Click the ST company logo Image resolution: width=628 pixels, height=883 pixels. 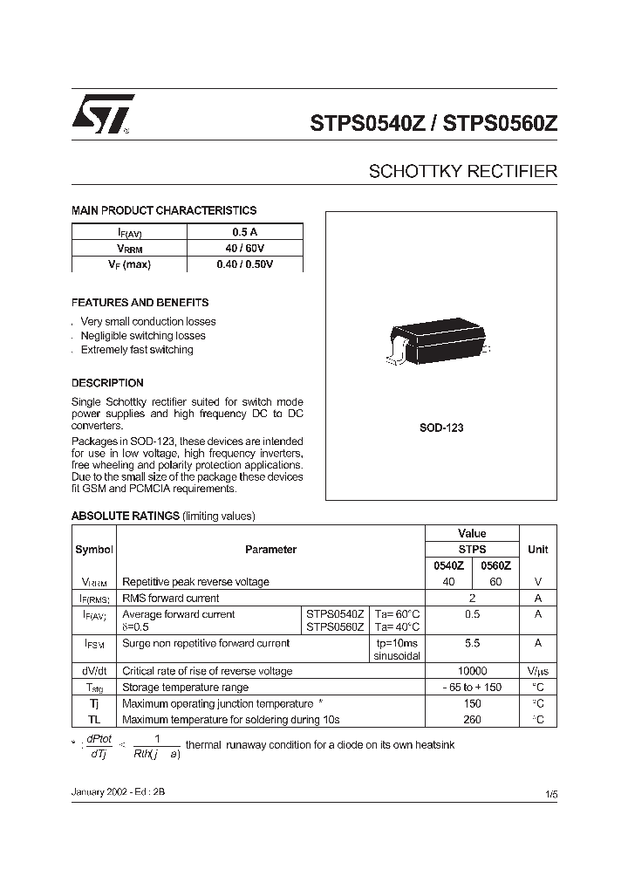[102, 113]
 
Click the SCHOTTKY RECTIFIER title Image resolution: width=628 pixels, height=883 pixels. [462, 171]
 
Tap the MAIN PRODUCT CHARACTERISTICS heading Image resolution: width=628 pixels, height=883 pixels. [163, 210]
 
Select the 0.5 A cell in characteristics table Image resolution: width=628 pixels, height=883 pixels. [244, 232]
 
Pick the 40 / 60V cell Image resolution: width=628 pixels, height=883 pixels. [244, 249]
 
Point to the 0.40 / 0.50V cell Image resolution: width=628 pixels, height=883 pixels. [244, 264]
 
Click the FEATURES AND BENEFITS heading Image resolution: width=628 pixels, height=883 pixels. [140, 303]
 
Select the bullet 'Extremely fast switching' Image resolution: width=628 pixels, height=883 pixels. [137, 350]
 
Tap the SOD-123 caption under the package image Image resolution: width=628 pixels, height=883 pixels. [441, 428]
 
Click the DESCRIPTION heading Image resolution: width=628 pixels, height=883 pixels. [107, 383]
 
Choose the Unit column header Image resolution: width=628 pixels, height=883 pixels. [537, 550]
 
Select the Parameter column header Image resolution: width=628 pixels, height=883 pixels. [270, 550]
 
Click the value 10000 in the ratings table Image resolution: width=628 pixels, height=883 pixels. [472, 671]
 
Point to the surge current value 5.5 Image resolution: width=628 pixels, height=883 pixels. [472, 642]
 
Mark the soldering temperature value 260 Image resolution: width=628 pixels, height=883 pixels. [472, 720]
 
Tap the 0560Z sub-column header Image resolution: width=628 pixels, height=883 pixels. [495, 565]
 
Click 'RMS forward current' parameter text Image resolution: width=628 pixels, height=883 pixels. [171, 599]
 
